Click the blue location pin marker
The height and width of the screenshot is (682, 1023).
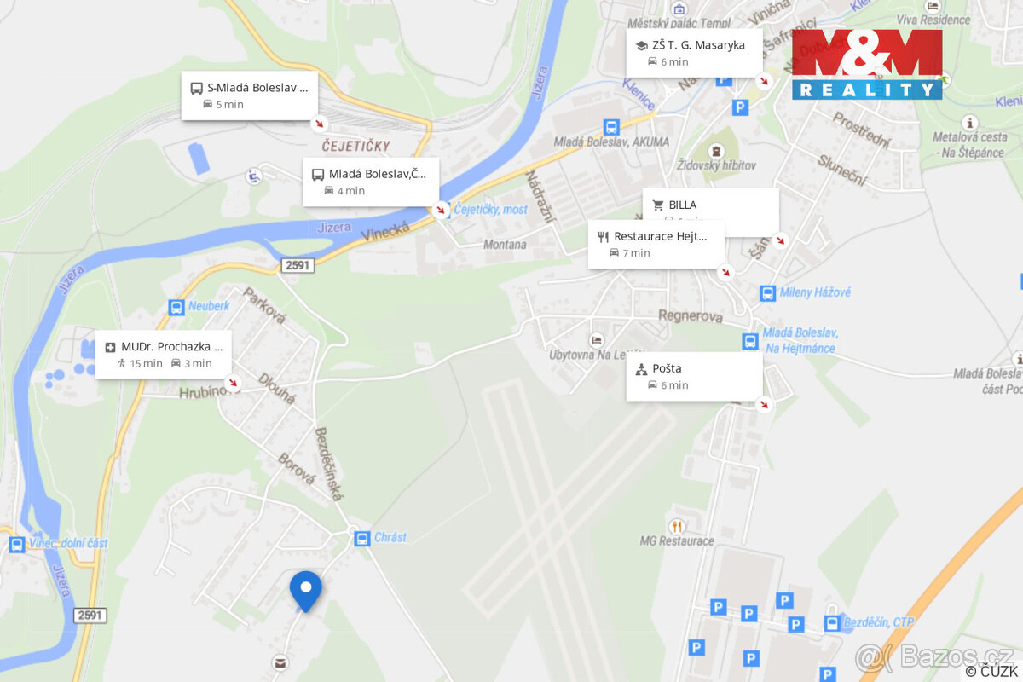pos(305,588)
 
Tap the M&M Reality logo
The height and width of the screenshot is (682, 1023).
pos(866,64)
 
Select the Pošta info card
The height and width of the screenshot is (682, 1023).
pos(694,376)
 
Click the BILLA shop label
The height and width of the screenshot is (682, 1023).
pos(682,205)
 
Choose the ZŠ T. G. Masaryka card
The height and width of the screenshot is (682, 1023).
pos(694,53)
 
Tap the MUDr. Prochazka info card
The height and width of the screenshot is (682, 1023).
pos(163,355)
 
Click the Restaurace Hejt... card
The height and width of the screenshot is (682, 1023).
pos(656,244)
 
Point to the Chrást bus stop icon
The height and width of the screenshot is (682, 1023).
pos(361,538)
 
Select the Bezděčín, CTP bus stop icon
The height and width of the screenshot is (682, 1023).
pos(831,623)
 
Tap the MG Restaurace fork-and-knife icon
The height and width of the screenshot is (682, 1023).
pos(678,526)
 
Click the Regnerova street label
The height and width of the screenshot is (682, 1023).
pos(690,316)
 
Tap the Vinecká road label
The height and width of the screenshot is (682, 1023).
pos(385,230)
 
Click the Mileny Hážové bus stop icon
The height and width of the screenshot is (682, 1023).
pos(767,293)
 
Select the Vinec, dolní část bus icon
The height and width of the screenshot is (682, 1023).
pos(16,544)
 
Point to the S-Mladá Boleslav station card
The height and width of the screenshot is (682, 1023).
pos(249,95)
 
